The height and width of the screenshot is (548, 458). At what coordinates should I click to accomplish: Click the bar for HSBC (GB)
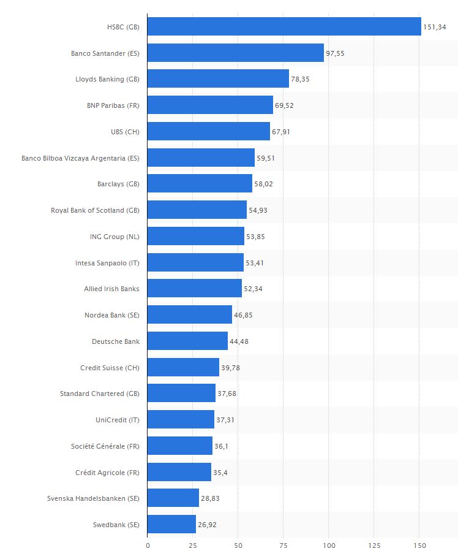click(284, 26)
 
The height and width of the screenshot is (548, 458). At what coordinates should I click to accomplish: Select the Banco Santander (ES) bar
click(236, 53)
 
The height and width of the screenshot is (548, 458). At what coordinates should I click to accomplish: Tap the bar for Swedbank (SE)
click(171, 524)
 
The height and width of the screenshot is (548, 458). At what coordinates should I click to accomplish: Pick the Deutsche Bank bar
click(187, 341)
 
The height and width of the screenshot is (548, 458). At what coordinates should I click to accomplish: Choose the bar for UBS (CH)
click(209, 131)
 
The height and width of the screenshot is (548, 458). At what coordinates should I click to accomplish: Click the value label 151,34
click(434, 27)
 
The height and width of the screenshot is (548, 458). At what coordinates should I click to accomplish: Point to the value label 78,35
click(300, 79)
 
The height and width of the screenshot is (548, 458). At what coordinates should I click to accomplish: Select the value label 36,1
click(222, 446)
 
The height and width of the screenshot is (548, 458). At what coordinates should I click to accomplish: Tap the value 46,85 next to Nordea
click(243, 315)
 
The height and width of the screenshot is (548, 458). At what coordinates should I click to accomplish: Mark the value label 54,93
click(258, 210)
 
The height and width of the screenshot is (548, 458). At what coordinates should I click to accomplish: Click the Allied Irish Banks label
click(111, 289)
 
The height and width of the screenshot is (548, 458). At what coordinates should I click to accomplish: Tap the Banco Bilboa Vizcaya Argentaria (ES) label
click(80, 158)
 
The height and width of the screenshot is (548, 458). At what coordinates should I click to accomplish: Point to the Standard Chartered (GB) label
click(100, 394)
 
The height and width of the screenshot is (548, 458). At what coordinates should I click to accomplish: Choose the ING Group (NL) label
click(114, 237)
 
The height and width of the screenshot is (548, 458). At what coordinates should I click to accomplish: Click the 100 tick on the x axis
click(329, 544)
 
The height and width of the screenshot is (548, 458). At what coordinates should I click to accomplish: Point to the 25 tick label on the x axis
click(193, 544)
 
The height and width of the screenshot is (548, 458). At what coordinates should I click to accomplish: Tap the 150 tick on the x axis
click(419, 544)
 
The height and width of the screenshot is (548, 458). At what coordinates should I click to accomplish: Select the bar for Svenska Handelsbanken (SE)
click(173, 498)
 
